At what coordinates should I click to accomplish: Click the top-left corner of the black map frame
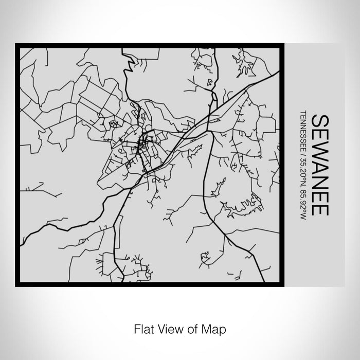click(17, 45)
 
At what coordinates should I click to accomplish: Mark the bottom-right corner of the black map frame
click(282, 284)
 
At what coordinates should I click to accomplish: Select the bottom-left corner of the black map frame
click(17, 284)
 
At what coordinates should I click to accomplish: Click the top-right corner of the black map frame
click(282, 45)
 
